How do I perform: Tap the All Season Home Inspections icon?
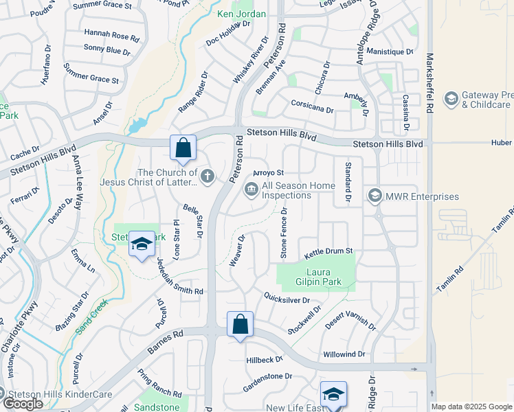tap(251, 190)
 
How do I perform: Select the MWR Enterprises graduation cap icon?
tap(375, 196)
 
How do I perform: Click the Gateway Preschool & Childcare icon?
tap(451, 100)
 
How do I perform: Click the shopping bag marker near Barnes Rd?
tap(240, 325)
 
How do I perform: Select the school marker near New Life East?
tap(333, 395)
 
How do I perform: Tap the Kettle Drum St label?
tap(328, 252)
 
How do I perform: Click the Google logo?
tap(23, 404)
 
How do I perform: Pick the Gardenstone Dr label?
tap(267, 376)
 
